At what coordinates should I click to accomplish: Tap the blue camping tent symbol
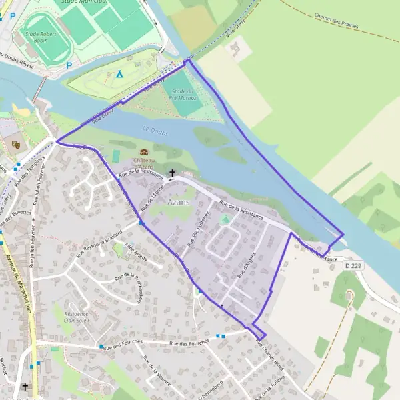tap(119, 73)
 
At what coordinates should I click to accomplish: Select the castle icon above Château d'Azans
tap(143, 152)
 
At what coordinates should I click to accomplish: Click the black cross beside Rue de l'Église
tap(173, 173)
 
